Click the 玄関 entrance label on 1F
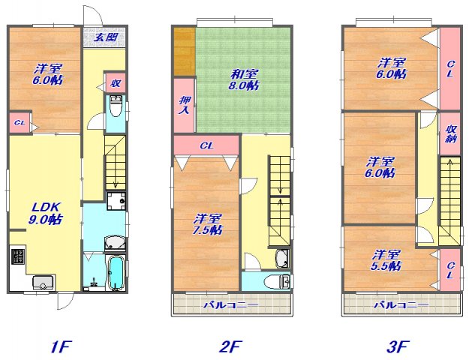[x=106, y=37]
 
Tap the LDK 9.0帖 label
[x=46, y=213]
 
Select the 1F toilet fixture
[x=116, y=106]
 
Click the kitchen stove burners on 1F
[x=18, y=256]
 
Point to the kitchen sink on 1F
[x=43, y=283]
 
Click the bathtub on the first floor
[x=116, y=273]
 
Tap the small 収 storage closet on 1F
[x=115, y=82]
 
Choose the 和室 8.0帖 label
[x=244, y=79]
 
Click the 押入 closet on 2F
[x=185, y=105]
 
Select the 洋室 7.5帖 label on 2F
[x=208, y=224]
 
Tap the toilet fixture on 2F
[x=277, y=282]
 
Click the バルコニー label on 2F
[x=230, y=305]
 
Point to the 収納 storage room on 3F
[x=449, y=133]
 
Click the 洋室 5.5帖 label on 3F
[x=386, y=260]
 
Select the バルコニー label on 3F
[x=401, y=305]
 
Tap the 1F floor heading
[x=61, y=346]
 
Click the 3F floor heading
[x=398, y=346]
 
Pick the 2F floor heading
[x=230, y=346]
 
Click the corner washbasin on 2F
[x=282, y=258]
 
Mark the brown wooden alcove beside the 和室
[x=185, y=52]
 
